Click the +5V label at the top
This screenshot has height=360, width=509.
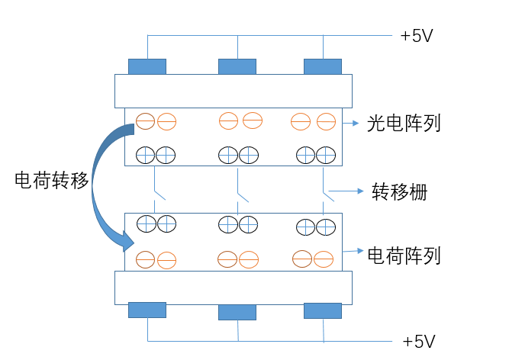coord(417,36)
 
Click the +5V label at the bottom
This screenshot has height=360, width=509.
coord(419,341)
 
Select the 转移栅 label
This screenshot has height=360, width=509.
coord(399,191)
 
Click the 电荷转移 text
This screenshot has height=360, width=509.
coord(51,180)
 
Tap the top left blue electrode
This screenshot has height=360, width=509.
coord(147,66)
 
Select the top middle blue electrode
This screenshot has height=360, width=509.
coord(237,66)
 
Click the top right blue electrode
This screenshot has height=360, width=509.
coord(323,66)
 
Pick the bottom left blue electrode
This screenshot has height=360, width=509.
coord(147,310)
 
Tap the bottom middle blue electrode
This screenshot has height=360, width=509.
coord(237,312)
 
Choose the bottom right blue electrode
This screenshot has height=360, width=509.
coord(323,310)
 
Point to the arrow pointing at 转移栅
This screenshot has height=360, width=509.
coord(352,191)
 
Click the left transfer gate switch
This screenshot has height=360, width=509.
coord(157,191)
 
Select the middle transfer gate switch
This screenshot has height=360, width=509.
coord(240,191)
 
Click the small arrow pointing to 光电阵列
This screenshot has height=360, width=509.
coord(352,123)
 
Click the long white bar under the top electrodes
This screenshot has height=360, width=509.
coord(233,91)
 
